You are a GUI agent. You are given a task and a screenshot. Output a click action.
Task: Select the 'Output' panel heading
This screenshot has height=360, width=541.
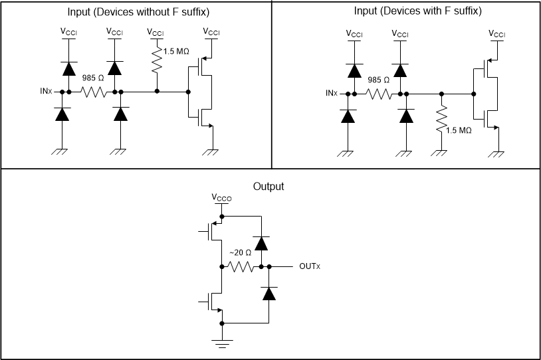pos(269,187)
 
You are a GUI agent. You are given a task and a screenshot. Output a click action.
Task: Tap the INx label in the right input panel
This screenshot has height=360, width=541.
pos(332,94)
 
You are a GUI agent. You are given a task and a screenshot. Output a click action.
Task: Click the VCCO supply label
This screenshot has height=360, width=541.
pos(222,197)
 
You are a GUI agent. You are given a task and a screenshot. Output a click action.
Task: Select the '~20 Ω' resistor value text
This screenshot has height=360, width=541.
pos(240,253)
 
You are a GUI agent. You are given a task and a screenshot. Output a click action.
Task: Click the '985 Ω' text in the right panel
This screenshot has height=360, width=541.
pos(379,80)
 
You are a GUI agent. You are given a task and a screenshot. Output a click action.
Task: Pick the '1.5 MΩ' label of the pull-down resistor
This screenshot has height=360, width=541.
pos(458,131)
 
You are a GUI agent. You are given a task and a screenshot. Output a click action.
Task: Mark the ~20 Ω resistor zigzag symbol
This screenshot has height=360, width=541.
pos(239,267)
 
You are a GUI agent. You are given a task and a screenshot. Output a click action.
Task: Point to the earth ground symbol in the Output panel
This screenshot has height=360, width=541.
pos(222,343)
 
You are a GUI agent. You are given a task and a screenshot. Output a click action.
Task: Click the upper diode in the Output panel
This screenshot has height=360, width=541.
pos(261,243)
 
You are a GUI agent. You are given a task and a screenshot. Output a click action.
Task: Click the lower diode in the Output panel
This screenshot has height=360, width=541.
pos(269,293)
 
